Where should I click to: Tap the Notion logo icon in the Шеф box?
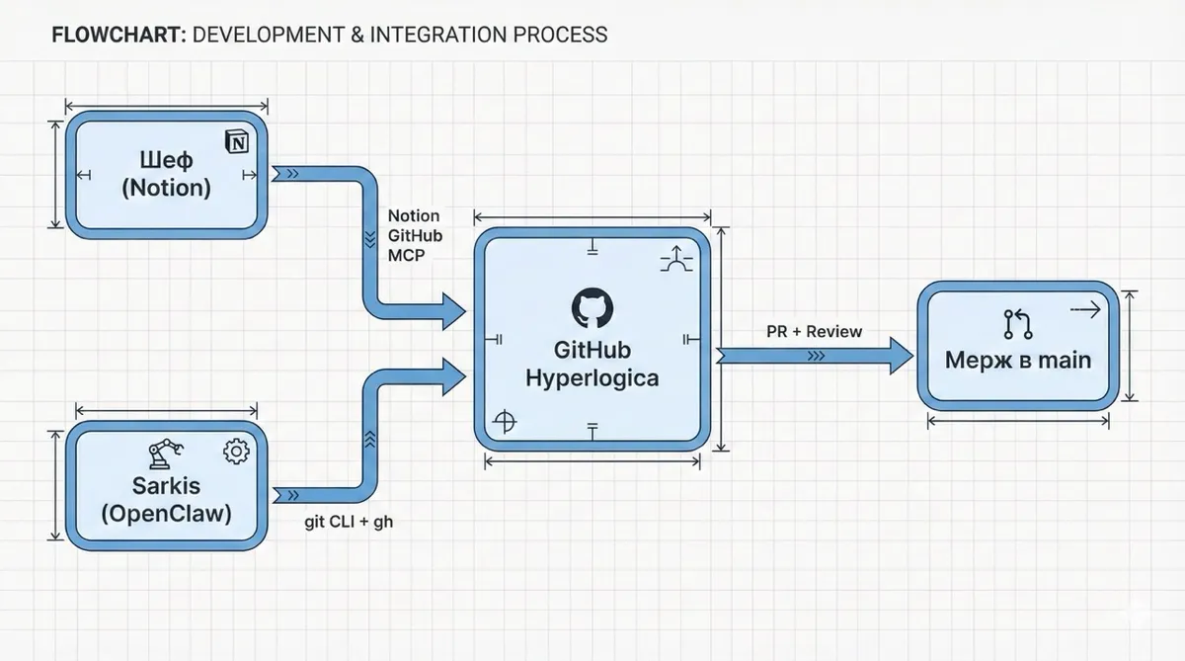[238, 142]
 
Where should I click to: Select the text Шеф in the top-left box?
[166, 160]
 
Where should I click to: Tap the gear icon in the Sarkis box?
[237, 452]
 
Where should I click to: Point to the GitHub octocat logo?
[592, 308]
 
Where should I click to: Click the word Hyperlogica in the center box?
[592, 377]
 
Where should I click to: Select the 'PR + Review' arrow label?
[814, 331]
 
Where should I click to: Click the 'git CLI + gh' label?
[349, 521]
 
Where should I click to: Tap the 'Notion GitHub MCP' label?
[414, 236]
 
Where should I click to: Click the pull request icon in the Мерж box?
[1017, 324]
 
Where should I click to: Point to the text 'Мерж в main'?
[1018, 360]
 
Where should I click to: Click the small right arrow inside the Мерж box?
[1084, 310]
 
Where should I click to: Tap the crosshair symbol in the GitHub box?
[505, 422]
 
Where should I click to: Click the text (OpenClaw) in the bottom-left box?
[166, 514]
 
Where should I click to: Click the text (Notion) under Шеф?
[166, 188]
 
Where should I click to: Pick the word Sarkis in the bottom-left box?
[166, 485]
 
